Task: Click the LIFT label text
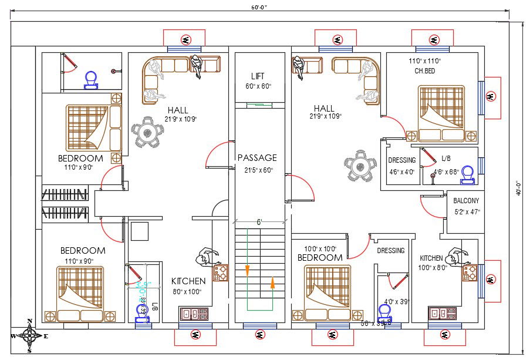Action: pos(257,76)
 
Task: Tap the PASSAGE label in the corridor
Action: pos(257,157)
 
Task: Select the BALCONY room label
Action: pos(466,200)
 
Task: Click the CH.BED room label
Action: pos(425,71)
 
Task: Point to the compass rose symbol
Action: pos(29,337)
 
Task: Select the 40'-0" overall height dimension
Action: pos(518,189)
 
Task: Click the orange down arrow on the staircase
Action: pos(247,271)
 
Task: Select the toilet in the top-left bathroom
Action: pos(91,79)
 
